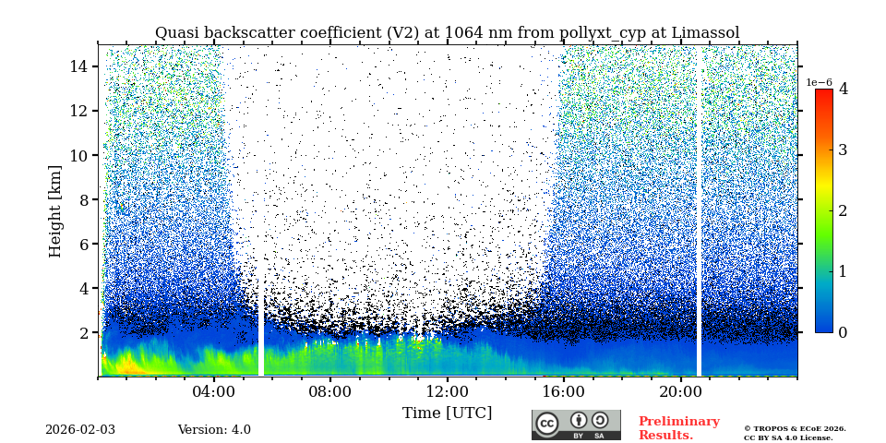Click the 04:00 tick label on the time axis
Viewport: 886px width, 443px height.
[213, 391]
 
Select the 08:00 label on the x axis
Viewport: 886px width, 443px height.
[329, 391]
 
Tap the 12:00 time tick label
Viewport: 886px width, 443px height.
[447, 391]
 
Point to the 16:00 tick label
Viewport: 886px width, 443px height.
[564, 391]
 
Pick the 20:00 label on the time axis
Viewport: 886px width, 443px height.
[680, 391]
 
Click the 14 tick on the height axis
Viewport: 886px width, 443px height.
[78, 66]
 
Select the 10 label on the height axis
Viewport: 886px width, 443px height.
[78, 155]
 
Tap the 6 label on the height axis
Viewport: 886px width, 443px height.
[82, 244]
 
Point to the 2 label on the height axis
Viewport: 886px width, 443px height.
[82, 332]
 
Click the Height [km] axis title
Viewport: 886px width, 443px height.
[55, 210]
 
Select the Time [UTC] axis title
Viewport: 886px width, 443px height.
[447, 413]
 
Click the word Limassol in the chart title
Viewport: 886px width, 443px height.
[706, 33]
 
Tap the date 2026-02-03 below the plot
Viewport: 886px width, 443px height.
[80, 430]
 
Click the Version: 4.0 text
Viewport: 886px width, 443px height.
[214, 430]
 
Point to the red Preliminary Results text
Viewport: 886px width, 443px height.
[678, 428]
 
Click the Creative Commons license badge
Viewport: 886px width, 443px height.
[576, 425]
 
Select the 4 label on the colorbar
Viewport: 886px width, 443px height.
[843, 90]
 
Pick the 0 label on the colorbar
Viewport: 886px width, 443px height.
[843, 332]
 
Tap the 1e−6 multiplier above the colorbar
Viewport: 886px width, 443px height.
[820, 83]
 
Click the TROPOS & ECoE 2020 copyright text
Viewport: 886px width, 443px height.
[795, 428]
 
